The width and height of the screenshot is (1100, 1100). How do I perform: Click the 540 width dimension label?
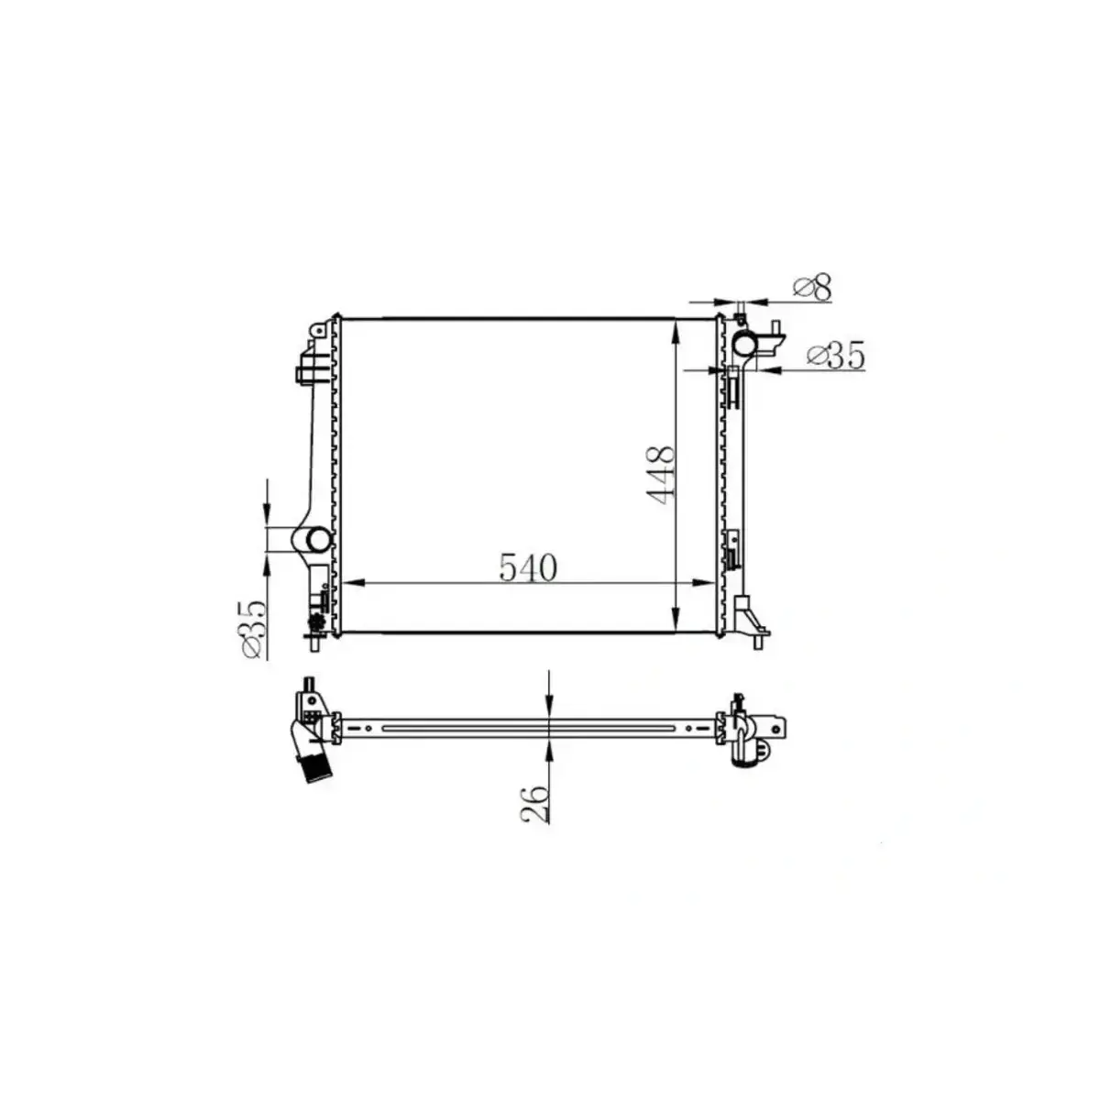pos(528,568)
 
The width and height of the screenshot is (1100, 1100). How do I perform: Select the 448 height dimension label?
pos(661,473)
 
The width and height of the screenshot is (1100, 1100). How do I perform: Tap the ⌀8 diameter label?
pos(813,289)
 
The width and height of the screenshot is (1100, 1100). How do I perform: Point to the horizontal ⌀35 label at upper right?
pos(835,356)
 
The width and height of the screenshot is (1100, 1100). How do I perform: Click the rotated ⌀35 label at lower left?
pos(253,628)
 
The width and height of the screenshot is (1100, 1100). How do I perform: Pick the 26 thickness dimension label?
pos(537,804)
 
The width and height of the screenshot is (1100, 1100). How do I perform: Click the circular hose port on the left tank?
pos(317,539)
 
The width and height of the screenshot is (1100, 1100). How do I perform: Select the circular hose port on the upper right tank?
pos(744,344)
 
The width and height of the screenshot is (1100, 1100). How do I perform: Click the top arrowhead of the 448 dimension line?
pos(676,328)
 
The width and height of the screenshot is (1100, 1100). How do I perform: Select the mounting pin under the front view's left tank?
pos(315,645)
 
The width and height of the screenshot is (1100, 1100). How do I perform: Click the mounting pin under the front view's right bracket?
pos(757,643)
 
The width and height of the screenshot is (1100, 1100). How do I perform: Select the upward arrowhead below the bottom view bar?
pos(548,751)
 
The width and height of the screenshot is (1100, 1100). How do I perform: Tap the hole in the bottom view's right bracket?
pos(778,729)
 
